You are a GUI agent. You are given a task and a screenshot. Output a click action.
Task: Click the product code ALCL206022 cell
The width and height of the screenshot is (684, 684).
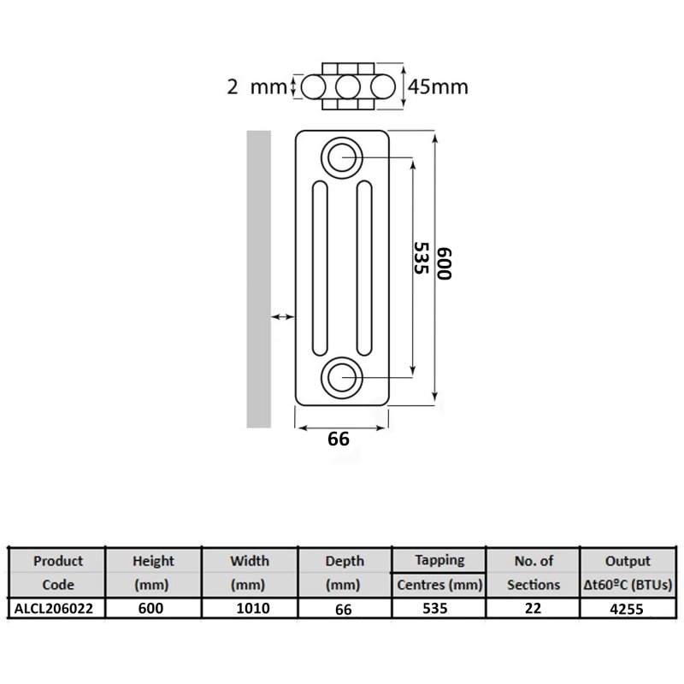54,608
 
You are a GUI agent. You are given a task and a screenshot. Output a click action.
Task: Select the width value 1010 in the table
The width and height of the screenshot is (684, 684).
253,608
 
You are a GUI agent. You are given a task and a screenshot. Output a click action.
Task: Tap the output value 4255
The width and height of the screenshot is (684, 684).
627,609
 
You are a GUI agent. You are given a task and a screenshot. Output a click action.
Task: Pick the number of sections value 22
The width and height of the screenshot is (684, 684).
533,608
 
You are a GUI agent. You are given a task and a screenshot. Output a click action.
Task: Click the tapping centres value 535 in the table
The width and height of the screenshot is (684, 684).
435,608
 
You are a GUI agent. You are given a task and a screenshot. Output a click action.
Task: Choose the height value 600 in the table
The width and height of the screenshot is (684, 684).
151,608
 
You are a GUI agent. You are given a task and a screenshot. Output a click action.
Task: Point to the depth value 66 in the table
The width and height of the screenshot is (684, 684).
344,609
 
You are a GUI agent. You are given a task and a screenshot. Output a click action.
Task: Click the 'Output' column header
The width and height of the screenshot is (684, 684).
628,561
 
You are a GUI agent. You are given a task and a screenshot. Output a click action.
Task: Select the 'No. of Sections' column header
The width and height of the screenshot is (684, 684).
534,572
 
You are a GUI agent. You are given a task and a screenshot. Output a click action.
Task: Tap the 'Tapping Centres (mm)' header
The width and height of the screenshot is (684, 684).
439,572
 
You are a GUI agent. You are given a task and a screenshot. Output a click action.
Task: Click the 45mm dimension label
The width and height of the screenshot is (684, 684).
438,87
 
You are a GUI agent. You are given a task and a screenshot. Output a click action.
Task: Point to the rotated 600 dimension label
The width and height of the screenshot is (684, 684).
445,263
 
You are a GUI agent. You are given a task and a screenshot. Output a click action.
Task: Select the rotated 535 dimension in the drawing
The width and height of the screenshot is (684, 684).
421,258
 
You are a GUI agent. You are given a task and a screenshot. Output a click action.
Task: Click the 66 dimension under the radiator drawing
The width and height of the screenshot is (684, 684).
339,439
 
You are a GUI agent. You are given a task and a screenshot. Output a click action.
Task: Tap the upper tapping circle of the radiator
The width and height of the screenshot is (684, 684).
342,157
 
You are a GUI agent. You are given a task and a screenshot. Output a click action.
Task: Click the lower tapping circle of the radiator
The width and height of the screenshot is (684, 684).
342,378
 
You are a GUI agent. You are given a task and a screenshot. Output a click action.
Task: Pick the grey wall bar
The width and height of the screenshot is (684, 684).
259,279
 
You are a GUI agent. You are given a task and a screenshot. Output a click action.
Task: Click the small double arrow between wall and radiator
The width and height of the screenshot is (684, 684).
283,316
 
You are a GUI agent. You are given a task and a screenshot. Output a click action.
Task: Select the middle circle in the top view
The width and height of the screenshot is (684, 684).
348,87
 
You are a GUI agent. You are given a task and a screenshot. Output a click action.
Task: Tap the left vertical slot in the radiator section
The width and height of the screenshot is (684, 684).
320,268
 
